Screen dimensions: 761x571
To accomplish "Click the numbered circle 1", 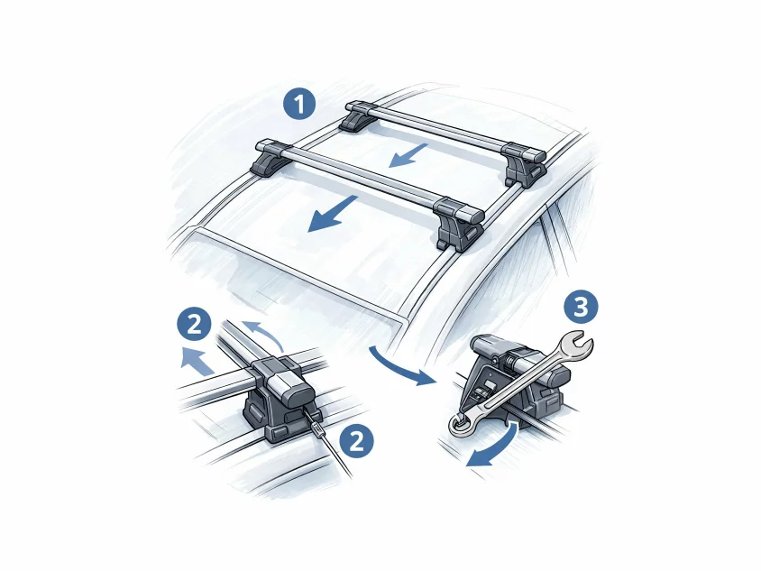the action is click(300, 105).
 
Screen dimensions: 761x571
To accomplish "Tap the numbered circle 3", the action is click(581, 307).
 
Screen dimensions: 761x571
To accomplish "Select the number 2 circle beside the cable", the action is click(357, 441).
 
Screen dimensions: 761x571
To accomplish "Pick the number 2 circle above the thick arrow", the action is click(194, 324).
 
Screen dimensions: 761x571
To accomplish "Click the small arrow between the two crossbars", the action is click(408, 155).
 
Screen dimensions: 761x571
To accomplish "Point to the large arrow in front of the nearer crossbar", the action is click(333, 215).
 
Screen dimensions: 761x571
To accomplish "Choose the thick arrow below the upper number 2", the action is click(198, 361).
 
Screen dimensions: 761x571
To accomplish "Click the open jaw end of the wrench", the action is click(576, 345).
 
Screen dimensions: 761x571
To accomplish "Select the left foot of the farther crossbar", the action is click(356, 118).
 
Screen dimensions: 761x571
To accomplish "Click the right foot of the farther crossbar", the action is click(524, 166).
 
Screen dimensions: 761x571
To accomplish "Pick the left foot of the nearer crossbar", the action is click(270, 158).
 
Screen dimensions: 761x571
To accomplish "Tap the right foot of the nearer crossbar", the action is click(458, 225).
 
